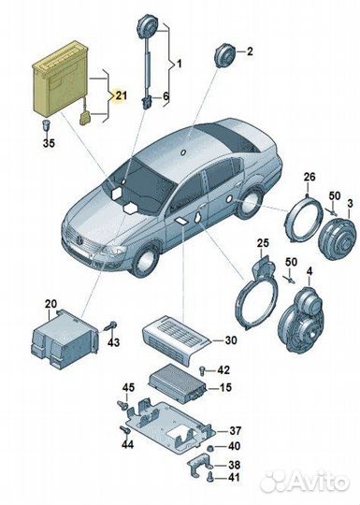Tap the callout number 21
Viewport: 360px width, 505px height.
coord(120,95)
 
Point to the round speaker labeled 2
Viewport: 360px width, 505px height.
coord(223,55)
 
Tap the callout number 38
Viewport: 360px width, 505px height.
coord(234,464)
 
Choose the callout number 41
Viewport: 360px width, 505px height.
coord(234,478)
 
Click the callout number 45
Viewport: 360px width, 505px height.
coord(128,388)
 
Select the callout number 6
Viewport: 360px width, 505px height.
coord(166,97)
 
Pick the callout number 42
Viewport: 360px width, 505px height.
coord(223,370)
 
